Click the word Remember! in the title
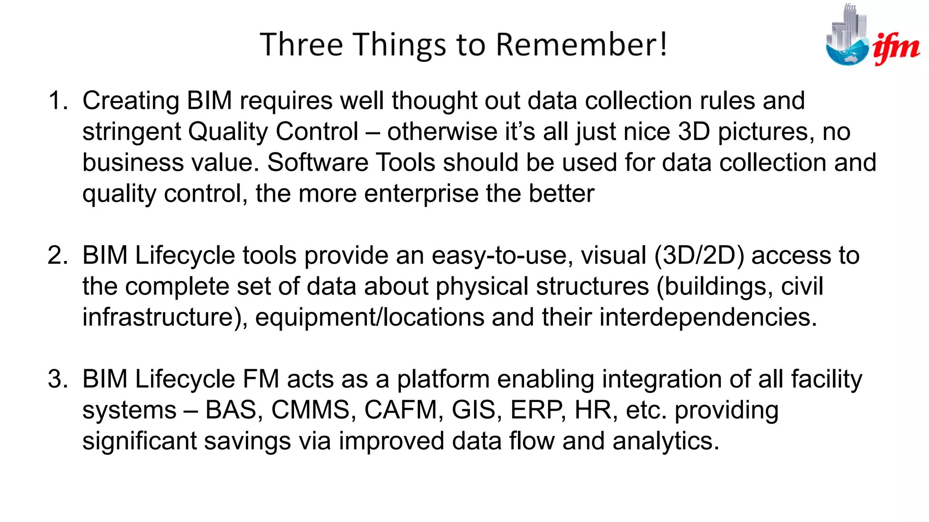coord(582,45)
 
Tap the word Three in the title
coord(301,45)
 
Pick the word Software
coord(318,163)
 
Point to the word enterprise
coord(421,194)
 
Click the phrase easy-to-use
coord(499,256)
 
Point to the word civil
coord(802,286)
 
